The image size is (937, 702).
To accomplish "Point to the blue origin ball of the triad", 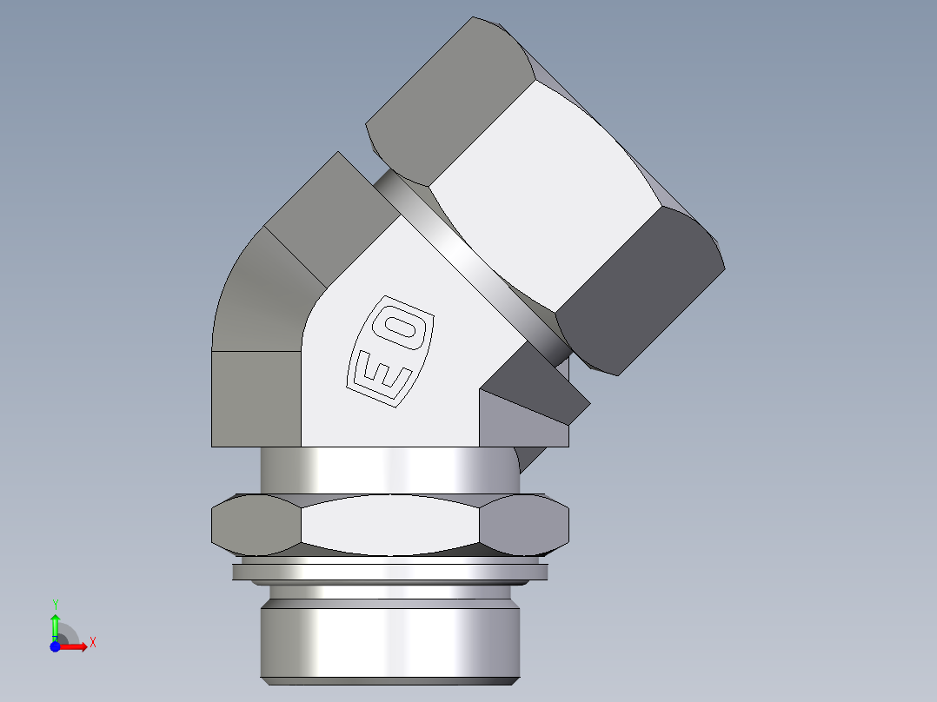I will click(x=55, y=647).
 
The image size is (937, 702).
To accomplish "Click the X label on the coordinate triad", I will click(x=92, y=643).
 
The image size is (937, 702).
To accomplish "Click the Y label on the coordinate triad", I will click(x=55, y=603).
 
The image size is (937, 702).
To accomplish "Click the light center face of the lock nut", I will click(x=391, y=525).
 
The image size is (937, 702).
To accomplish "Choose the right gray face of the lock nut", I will click(x=526, y=525).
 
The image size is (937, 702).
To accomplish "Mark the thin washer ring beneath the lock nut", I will click(x=391, y=572).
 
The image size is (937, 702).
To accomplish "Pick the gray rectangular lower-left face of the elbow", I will click(x=256, y=400).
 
